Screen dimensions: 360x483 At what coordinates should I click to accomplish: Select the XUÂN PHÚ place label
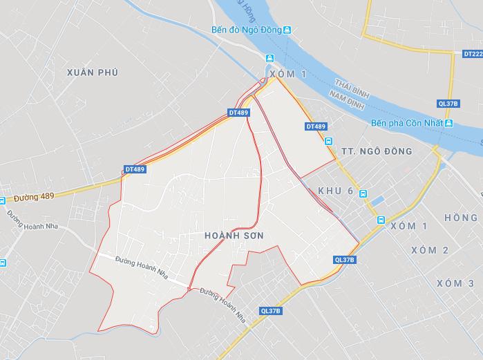click(x=93, y=72)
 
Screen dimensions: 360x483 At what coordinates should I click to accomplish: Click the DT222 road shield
click(x=472, y=53)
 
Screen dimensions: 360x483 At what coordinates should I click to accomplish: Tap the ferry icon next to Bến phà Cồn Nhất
click(x=448, y=123)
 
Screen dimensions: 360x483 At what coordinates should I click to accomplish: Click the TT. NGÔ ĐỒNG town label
click(x=377, y=151)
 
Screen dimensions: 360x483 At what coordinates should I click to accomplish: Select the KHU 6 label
click(x=336, y=191)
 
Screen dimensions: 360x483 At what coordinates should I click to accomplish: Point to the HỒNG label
click(x=461, y=218)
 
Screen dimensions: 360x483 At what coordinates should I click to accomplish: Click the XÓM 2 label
click(x=429, y=250)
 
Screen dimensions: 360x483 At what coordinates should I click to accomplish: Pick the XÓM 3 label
click(x=455, y=283)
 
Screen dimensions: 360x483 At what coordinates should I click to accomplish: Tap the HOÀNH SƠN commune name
click(x=234, y=236)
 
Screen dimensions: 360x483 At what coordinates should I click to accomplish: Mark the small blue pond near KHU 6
click(x=377, y=202)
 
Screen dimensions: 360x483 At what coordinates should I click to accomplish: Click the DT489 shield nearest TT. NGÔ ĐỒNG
click(x=315, y=126)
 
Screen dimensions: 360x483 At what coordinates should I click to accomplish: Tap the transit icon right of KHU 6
click(x=363, y=195)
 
